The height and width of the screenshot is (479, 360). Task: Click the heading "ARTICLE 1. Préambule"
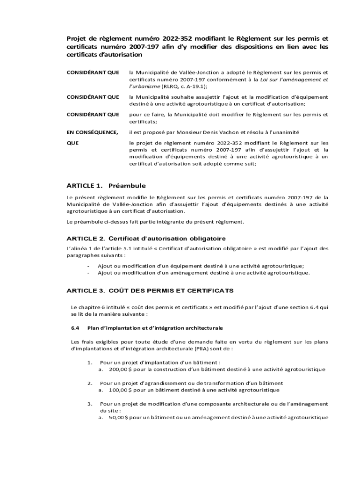[107, 186]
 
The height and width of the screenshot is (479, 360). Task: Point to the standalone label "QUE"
[72, 143]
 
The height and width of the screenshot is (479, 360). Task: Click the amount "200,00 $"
[120, 369]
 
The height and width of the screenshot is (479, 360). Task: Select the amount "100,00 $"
[120, 390]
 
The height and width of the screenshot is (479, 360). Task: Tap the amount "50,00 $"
[118, 417]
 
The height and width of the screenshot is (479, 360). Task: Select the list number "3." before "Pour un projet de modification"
[89, 404]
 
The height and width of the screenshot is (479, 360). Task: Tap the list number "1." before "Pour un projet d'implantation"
[89, 363]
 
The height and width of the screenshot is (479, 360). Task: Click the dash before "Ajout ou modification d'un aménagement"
[89, 273]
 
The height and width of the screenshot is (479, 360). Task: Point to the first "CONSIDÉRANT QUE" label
[92, 73]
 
